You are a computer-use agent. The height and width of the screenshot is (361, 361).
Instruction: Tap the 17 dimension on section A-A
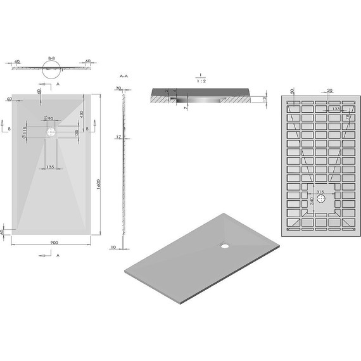point(118,137)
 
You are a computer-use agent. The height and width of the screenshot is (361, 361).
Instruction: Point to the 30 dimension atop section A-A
point(118,89)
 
